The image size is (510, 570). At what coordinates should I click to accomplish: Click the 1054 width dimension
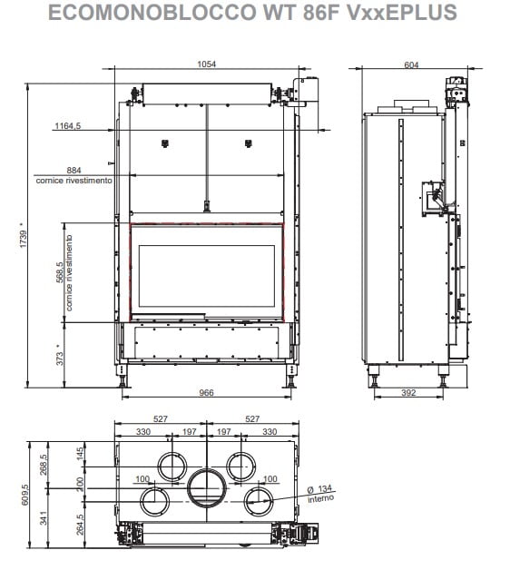tap(206, 64)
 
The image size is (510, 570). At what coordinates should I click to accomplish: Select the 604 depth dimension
tap(411, 64)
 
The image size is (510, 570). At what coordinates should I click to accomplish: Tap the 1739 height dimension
tap(24, 239)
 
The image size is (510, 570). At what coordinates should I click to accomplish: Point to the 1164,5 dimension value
tap(68, 126)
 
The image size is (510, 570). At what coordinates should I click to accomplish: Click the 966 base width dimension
tap(206, 393)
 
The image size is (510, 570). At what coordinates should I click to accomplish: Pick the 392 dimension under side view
tap(408, 393)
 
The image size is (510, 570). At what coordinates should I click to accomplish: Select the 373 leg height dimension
tap(60, 359)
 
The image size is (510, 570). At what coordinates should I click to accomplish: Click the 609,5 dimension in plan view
tap(25, 495)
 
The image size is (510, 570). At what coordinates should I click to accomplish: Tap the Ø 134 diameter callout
tap(320, 489)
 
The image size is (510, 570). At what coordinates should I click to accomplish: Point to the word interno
tap(320, 498)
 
